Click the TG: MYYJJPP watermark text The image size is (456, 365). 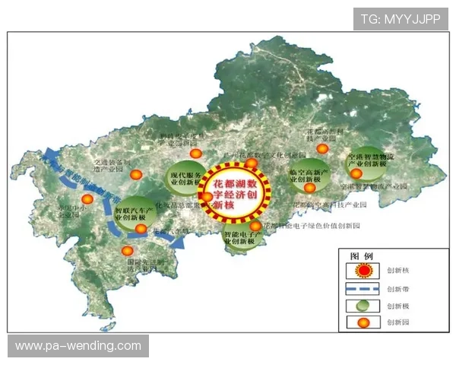pos(401,18)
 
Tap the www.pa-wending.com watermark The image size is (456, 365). pos(78,346)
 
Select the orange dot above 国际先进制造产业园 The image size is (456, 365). pos(127,250)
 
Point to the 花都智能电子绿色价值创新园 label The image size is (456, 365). pos(312,226)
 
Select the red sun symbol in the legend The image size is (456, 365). pos(364,271)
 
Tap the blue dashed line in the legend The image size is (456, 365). pos(363,289)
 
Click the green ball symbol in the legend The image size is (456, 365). pos(364,306)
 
